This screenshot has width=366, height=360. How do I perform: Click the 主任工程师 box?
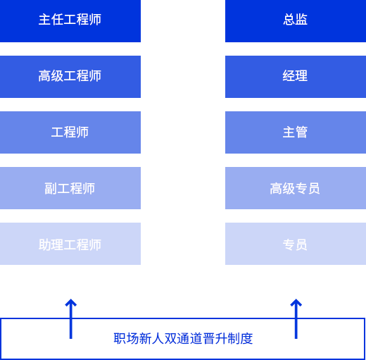point(70,21)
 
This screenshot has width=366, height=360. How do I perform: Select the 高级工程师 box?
point(70,77)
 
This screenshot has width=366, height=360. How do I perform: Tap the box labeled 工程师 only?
point(70,132)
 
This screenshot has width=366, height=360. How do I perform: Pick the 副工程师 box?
point(70,188)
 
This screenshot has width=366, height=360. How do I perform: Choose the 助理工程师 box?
point(70,244)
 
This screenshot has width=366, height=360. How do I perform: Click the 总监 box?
point(296,21)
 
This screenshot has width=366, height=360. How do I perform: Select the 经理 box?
point(296,77)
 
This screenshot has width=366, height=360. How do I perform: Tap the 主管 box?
point(296,132)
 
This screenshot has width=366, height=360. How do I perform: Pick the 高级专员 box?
point(296,188)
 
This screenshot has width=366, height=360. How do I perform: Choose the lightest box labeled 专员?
point(296,244)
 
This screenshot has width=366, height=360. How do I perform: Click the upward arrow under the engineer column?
point(71,318)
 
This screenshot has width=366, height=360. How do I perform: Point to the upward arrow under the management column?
point(296,318)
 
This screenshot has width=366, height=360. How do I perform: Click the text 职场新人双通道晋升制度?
point(183,339)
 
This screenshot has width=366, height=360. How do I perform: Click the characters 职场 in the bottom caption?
point(126,339)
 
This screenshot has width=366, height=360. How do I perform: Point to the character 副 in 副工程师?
point(51,188)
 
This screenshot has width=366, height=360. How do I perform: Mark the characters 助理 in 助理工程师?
point(51,244)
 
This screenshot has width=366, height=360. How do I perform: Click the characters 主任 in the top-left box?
point(51,19)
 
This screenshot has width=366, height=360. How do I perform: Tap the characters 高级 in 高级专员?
point(282,188)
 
